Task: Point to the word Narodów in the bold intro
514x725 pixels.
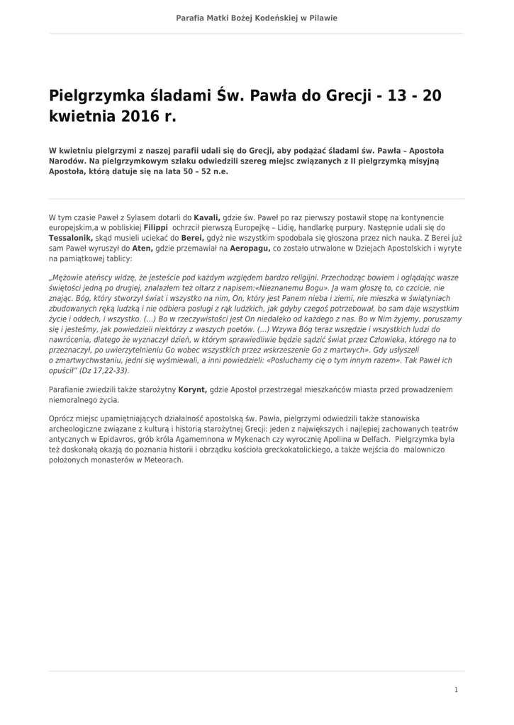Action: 67,161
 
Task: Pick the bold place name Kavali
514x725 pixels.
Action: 207,217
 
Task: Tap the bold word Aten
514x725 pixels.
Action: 143,249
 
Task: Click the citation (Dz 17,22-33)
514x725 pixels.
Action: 104,370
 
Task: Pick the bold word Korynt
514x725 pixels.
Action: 193,389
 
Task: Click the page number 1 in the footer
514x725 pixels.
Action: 456,690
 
